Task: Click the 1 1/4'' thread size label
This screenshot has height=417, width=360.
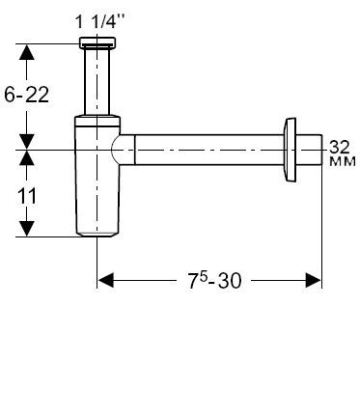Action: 99,22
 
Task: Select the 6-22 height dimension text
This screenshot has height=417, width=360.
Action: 27,95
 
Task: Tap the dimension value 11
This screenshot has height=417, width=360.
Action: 27,196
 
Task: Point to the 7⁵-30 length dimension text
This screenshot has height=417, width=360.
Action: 214,280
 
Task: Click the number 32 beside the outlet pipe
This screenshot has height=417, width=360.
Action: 340,147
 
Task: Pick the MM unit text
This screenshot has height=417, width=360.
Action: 343,161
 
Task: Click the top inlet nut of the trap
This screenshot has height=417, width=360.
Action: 97,42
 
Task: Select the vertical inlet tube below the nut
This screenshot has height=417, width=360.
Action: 97,81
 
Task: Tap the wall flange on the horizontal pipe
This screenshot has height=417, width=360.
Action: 290,150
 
